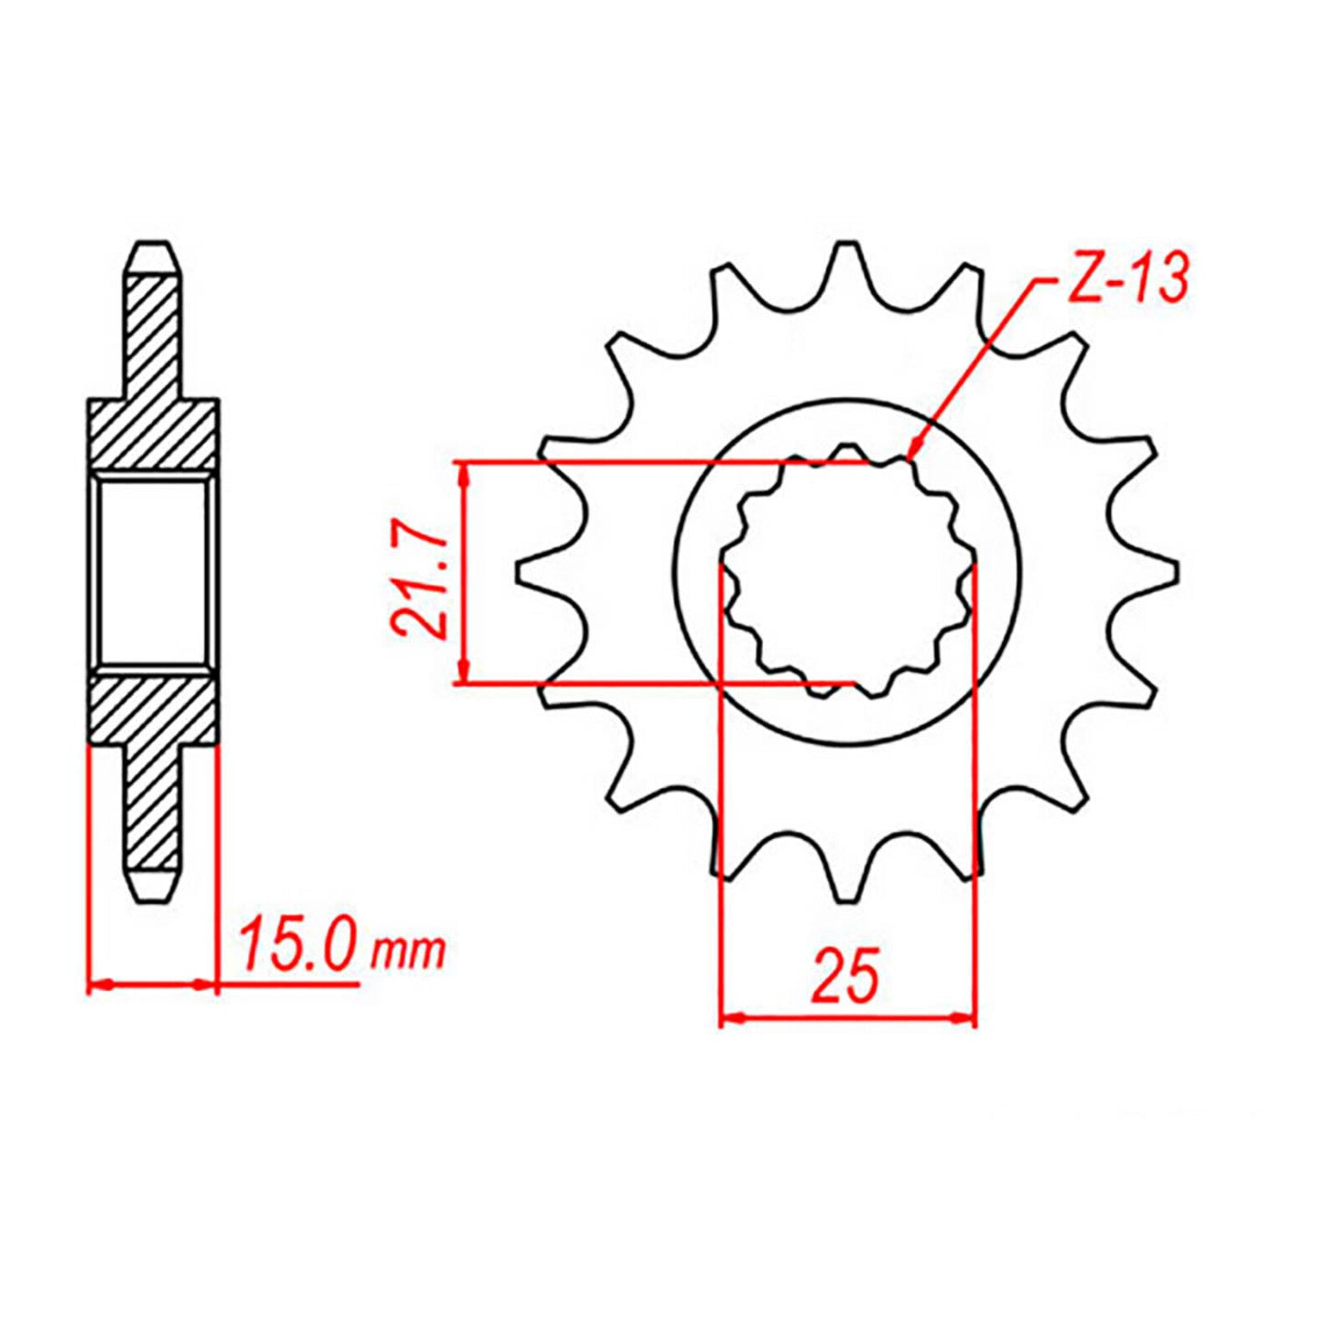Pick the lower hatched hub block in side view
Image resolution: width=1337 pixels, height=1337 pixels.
point(152,710)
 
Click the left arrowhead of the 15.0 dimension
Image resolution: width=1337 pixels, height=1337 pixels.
point(99,985)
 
